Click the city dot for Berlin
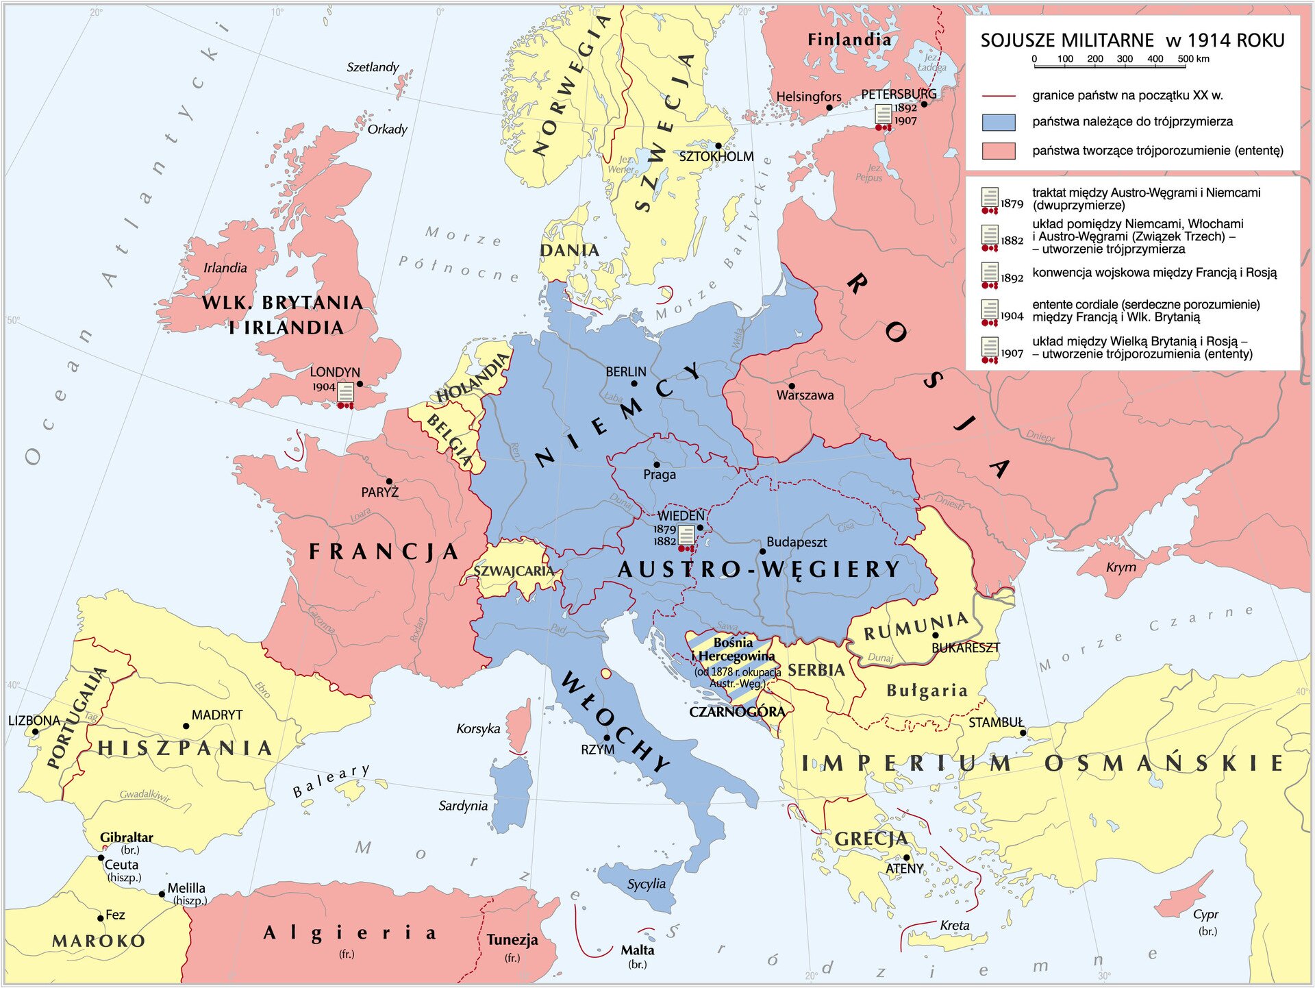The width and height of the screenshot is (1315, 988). tap(634, 384)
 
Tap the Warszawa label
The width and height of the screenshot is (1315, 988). tap(805, 395)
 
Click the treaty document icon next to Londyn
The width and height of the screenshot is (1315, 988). tap(346, 394)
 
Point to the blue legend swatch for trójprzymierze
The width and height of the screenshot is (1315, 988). tap(998, 123)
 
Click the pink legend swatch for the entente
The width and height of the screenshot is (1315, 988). tap(998, 151)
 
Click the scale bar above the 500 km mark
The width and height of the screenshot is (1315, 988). tap(1186, 66)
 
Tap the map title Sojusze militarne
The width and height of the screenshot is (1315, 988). tap(1131, 40)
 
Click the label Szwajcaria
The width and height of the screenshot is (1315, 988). tap(513, 571)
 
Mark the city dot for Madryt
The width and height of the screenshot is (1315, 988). tap(186, 726)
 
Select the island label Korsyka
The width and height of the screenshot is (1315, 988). tap(478, 728)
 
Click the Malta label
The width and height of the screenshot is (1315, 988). tap(637, 950)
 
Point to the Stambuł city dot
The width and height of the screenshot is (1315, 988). tap(1023, 733)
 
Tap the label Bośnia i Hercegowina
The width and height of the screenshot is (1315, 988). tap(734, 650)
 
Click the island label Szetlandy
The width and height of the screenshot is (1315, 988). tap(373, 67)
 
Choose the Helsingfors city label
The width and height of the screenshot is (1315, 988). tap(808, 97)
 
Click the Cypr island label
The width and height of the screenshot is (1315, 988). tap(1205, 915)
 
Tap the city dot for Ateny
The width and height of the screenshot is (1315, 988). tap(907, 858)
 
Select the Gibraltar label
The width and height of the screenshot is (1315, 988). tap(126, 837)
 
